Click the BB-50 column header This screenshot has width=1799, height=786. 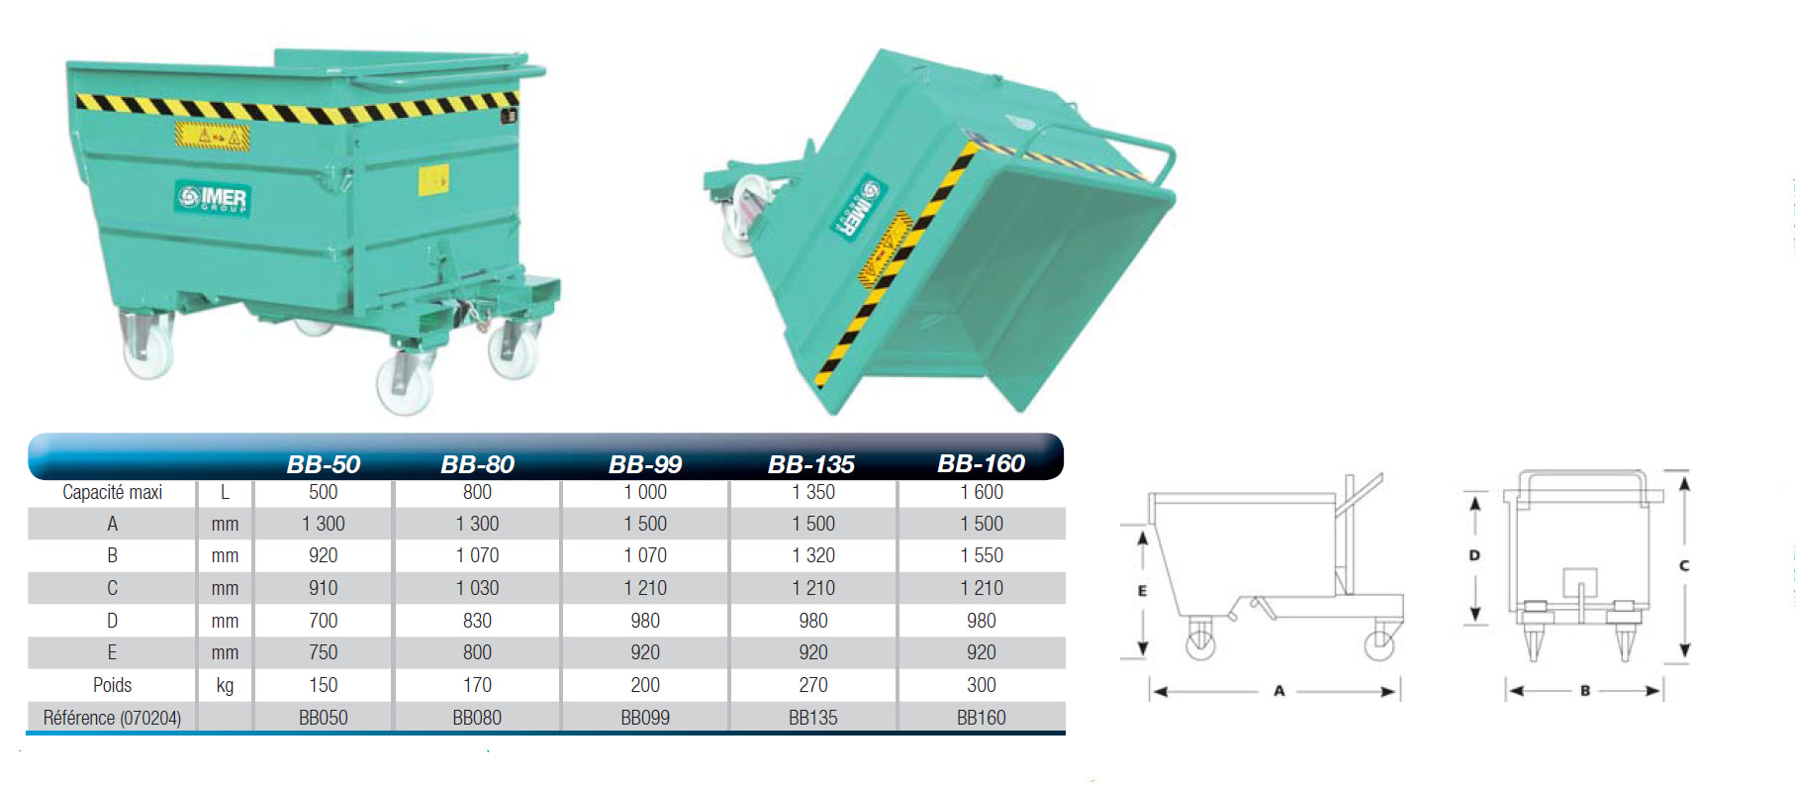[x=323, y=464]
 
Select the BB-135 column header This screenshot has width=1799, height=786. [x=811, y=464]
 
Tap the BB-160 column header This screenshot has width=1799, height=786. [x=981, y=463]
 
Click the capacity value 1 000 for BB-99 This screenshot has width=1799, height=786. [x=645, y=492]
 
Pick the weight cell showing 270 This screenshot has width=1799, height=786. [x=813, y=685]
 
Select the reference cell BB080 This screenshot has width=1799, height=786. [x=477, y=718]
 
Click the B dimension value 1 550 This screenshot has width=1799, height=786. [x=982, y=555]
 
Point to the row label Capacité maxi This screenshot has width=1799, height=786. [x=112, y=492]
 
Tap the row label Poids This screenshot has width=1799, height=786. [x=112, y=685]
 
